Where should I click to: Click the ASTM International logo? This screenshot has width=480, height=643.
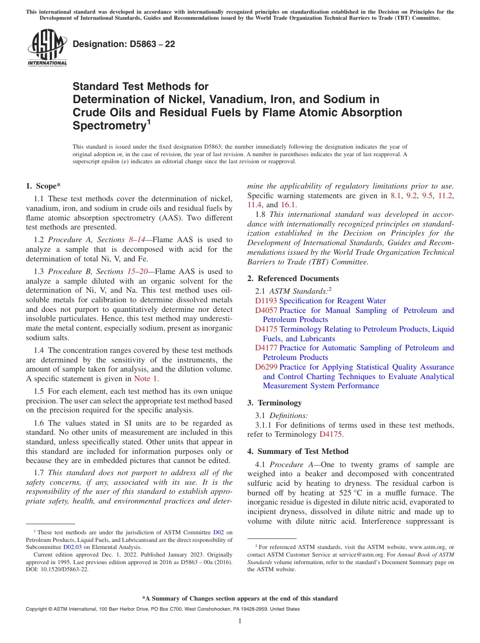coord(47,48)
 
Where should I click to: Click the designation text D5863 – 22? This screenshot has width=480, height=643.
coord(124,44)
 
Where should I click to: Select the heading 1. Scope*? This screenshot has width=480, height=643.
coord(43,186)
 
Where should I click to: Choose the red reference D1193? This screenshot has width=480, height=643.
coord(266,301)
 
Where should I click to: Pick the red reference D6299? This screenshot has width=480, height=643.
coord(266,367)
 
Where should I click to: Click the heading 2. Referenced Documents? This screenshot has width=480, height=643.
coord(293,279)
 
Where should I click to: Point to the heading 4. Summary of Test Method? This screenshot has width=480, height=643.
coord(298,451)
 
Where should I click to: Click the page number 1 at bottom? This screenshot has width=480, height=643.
coord(240,621)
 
